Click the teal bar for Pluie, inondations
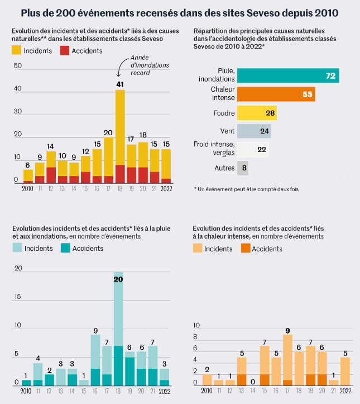[288, 75]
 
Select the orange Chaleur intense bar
[276, 94]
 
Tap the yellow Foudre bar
[257, 113]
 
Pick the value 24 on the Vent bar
[264, 131]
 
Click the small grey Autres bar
[243, 168]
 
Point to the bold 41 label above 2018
[120, 84]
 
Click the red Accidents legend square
[65, 50]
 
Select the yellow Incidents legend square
[17, 50]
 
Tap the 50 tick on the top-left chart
[18, 65]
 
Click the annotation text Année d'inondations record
[150, 65]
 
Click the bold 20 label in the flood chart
[118, 279]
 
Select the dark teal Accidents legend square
[65, 248]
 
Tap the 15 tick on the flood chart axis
[17, 297]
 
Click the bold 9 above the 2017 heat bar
[287, 331]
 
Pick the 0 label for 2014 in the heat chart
[253, 382]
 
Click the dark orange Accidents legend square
[246, 248]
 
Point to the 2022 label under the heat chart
[345, 391]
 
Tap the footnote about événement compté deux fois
[247, 189]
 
